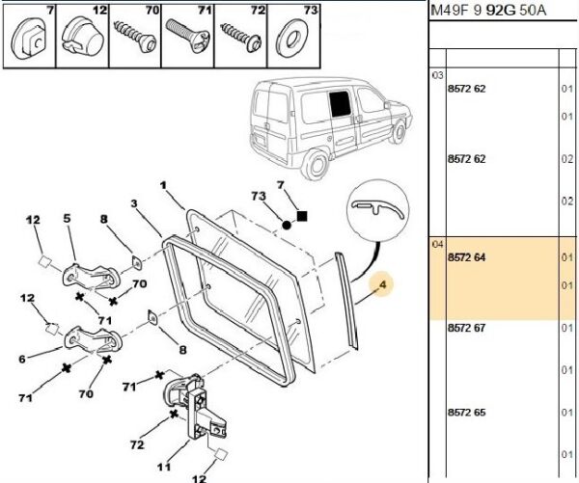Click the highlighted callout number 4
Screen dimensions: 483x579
382,284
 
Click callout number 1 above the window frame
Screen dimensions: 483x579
164,184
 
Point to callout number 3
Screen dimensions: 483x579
135,202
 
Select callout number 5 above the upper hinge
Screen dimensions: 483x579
68,218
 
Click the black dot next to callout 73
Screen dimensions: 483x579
287,225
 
